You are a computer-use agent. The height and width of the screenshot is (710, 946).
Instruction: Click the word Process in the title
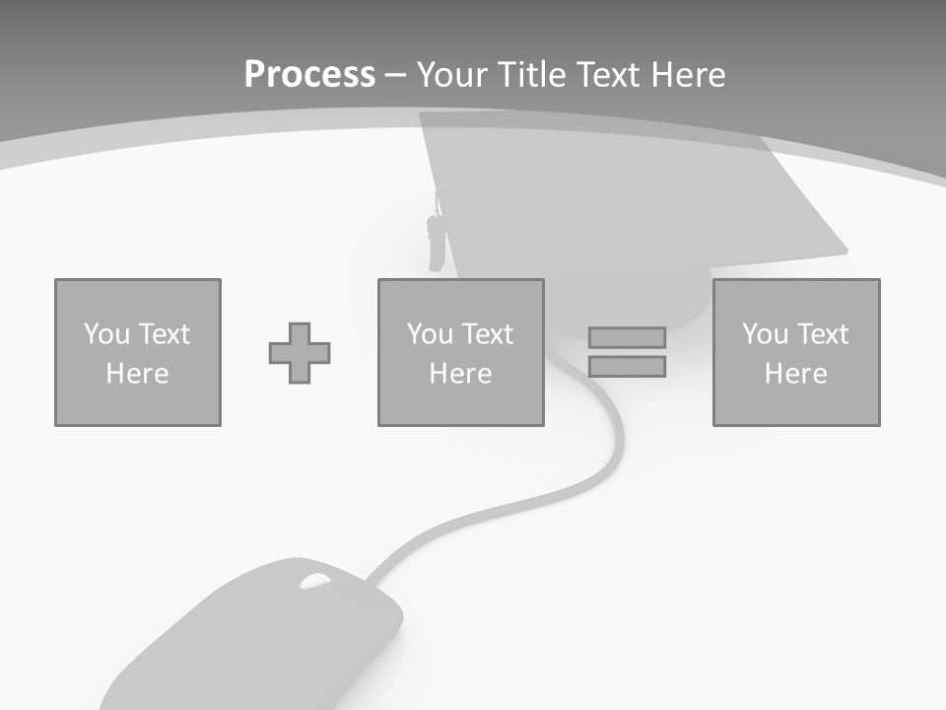(x=309, y=74)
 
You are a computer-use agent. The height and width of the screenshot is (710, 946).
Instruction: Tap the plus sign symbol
(x=300, y=353)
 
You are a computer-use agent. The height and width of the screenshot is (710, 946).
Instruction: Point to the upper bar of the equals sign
(x=627, y=337)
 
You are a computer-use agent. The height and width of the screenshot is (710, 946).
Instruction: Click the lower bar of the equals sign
(x=627, y=366)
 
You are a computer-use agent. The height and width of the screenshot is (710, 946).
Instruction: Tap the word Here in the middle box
(x=461, y=374)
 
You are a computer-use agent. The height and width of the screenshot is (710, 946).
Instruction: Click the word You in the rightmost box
(x=765, y=334)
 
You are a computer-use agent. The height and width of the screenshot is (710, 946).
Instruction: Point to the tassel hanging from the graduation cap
(x=435, y=242)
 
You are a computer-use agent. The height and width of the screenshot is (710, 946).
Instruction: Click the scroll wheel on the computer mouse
(x=314, y=582)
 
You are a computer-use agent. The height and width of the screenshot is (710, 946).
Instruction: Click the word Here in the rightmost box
(x=796, y=374)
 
